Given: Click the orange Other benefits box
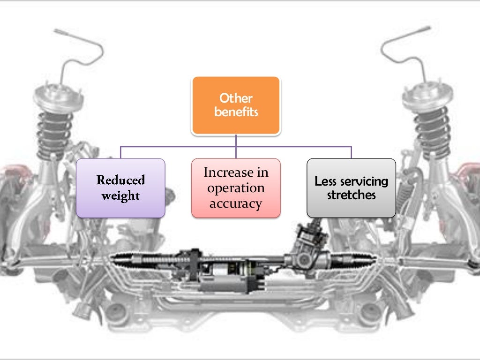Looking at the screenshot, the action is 236,105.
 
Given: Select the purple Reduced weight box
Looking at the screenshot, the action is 120,188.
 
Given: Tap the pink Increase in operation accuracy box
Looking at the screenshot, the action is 236,188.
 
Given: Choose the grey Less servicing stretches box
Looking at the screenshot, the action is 351,188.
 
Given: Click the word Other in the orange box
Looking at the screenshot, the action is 236,98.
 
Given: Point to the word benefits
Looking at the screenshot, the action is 236,112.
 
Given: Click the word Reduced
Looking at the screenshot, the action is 121,180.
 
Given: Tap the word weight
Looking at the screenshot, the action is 121,195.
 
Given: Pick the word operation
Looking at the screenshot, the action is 236,188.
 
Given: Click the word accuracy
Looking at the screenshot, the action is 236,203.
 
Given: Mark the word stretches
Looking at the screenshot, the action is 352,195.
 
